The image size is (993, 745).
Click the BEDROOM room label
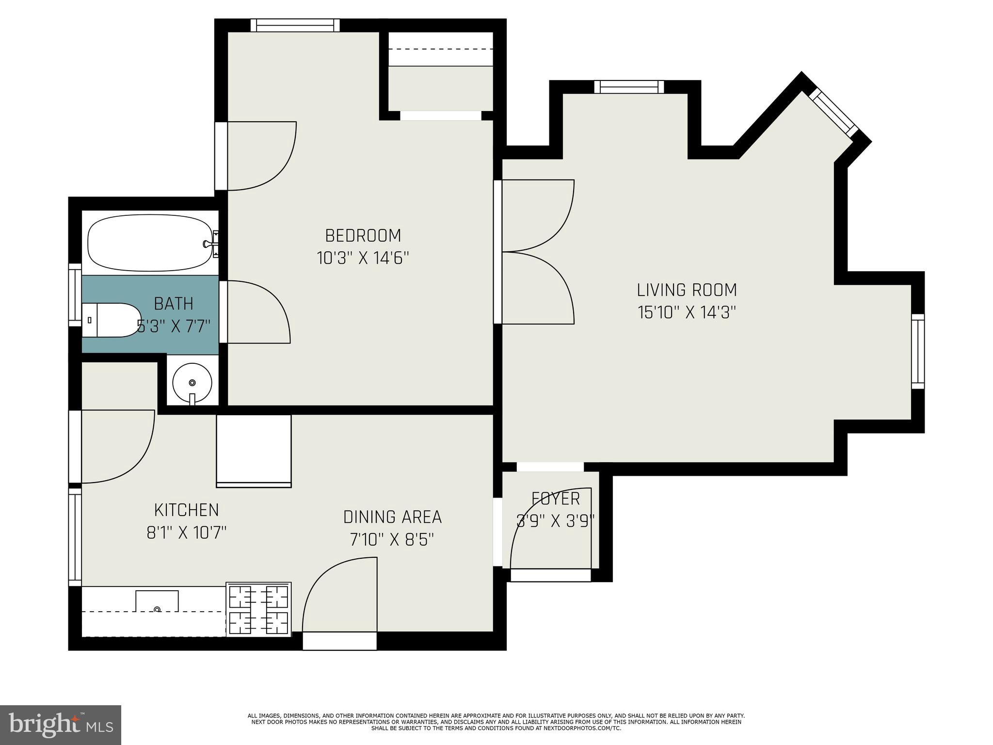[363, 236]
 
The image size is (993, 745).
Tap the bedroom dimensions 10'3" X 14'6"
[363, 258]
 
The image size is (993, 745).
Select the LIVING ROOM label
[687, 290]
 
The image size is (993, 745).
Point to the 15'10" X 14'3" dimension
[687, 312]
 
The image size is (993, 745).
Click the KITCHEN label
[187, 510]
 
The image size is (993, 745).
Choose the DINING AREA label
[393, 517]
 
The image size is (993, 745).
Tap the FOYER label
[556, 499]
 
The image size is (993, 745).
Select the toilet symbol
[111, 320]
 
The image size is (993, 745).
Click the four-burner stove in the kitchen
[258, 609]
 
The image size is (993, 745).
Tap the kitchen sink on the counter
[157, 601]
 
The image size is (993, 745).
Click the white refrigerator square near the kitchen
[254, 451]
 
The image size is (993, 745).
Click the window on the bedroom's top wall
[295, 25]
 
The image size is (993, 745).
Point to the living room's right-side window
[918, 351]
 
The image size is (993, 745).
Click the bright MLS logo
[61, 725]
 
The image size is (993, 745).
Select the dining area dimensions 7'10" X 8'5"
[392, 539]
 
